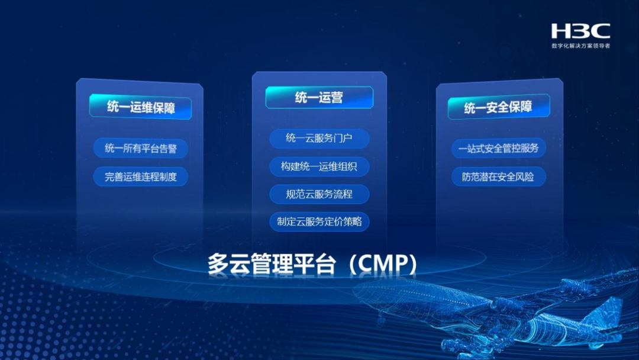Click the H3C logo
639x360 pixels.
click(x=580, y=31)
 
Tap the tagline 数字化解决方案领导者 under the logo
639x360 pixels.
click(x=580, y=46)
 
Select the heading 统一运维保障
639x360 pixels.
click(x=141, y=107)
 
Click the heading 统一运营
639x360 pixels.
click(x=319, y=98)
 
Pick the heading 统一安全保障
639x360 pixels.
click(x=498, y=107)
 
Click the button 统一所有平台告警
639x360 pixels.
click(x=141, y=149)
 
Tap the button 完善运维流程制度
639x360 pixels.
click(x=141, y=176)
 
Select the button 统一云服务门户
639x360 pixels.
click(x=319, y=139)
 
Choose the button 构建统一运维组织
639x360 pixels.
click(x=319, y=166)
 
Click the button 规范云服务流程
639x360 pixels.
click(x=319, y=194)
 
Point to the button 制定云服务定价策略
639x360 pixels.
click(x=319, y=222)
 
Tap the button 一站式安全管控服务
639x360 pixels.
click(x=498, y=148)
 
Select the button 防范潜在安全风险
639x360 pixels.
click(x=498, y=176)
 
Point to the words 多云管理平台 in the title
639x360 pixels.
click(x=266, y=264)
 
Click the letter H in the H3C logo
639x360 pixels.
click(x=561, y=31)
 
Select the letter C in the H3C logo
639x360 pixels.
click(x=600, y=31)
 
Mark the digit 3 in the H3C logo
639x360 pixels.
click(x=580, y=31)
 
